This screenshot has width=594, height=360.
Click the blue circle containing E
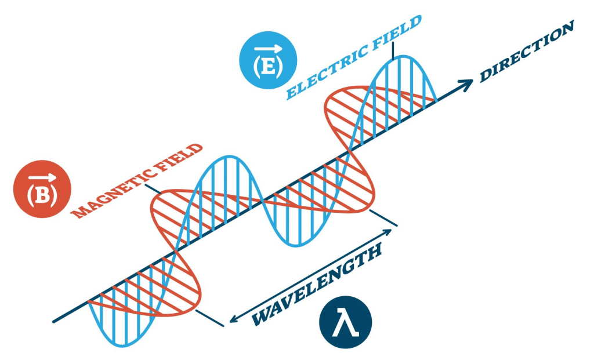tap(268, 60)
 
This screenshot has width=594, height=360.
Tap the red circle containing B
tap(42, 189)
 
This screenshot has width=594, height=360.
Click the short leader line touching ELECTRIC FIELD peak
tap(394, 49)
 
